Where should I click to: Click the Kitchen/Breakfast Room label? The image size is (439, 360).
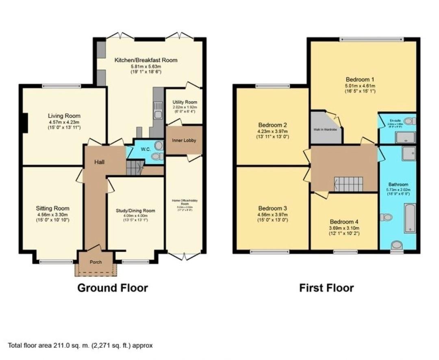coord(146,60)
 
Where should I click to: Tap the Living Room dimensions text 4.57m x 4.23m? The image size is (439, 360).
coord(64,122)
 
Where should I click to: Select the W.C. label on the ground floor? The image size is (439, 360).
coord(146,149)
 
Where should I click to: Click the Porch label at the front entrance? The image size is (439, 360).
coord(96,262)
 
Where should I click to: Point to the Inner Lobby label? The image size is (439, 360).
coord(184,141)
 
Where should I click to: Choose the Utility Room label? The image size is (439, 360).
coord(185,102)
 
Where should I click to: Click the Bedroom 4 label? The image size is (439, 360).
coord(344,222)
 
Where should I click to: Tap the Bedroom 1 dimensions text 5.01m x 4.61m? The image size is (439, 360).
coord(360,86)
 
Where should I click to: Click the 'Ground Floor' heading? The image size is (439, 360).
coord(113,288)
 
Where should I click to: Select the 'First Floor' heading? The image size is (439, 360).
coord(326,288)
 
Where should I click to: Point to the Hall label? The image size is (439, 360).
coord(100,162)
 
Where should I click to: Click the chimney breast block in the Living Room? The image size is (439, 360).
coord(25,123)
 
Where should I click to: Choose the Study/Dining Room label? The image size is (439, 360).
coord(135,210)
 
